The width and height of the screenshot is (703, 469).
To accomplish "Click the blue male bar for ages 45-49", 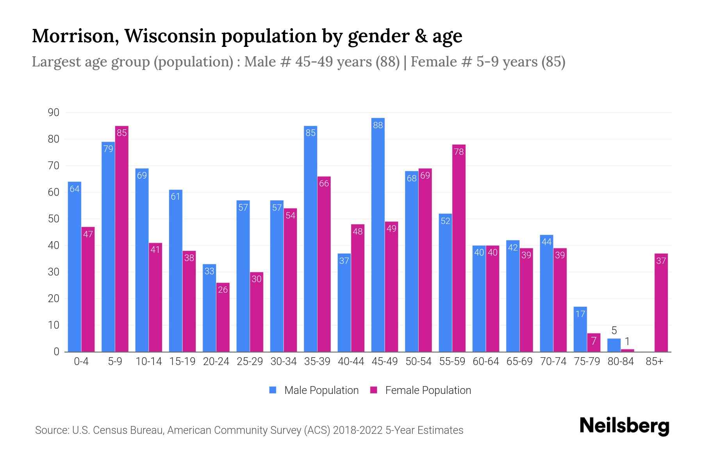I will [x=378, y=234].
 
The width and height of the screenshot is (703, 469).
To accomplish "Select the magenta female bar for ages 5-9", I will [x=122, y=238].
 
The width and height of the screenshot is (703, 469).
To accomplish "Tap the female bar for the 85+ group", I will [x=661, y=303].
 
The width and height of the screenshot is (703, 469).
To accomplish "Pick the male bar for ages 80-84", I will [x=614, y=345].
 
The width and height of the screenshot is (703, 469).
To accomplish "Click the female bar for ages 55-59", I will [x=459, y=248].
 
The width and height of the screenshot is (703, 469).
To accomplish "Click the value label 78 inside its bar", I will [x=459, y=152].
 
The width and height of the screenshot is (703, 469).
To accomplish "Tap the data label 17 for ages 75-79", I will [x=580, y=314].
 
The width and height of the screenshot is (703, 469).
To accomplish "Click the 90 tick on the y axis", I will [x=54, y=113].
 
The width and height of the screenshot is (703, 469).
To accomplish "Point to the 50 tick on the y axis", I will [x=54, y=219].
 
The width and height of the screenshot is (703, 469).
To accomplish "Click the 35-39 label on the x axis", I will [x=317, y=362].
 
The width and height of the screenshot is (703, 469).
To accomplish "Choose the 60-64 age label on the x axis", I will [x=486, y=362].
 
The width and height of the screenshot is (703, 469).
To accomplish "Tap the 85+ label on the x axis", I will [x=654, y=362].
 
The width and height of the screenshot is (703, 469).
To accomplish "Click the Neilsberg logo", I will [x=624, y=426].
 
